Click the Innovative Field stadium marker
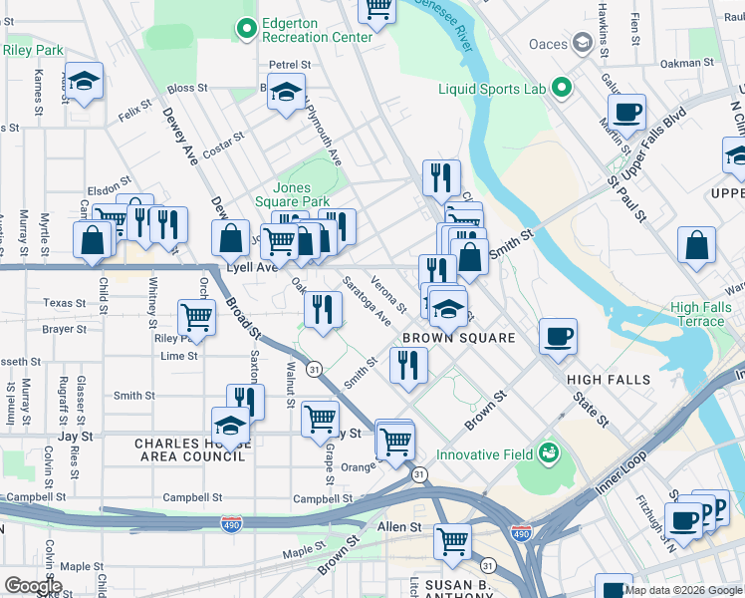click(x=547, y=454)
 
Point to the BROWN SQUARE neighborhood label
click(x=458, y=338)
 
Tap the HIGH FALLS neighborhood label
click(x=608, y=380)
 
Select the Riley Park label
click(x=33, y=49)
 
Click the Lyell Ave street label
click(x=249, y=268)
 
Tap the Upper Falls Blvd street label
click(x=653, y=151)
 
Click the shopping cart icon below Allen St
click(x=453, y=542)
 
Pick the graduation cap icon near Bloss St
click(x=286, y=95)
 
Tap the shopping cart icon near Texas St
click(x=196, y=318)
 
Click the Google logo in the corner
click(x=33, y=586)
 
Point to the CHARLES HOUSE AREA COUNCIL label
click(x=189, y=449)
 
